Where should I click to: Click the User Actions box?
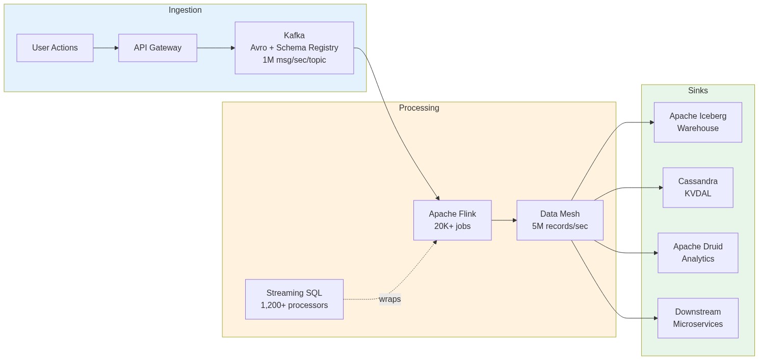[x=55, y=48]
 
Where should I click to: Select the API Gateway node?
[x=158, y=48]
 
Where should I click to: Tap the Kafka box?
[x=294, y=48]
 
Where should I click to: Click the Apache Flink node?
[x=452, y=220]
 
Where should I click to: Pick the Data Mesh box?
[x=560, y=220]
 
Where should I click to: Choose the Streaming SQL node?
[x=294, y=299]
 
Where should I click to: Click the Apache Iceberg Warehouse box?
[x=698, y=122]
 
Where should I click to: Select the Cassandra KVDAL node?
[x=698, y=188]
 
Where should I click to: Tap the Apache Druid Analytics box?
[x=698, y=253]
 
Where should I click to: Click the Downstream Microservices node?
[x=698, y=318]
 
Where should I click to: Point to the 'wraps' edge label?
[x=390, y=299]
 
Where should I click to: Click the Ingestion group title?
[x=185, y=10]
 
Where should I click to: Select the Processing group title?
[x=419, y=108]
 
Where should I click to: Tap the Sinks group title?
[x=698, y=91]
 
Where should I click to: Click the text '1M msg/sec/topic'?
[x=294, y=60]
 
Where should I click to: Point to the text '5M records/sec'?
[x=560, y=226]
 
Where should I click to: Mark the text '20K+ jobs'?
[x=452, y=226]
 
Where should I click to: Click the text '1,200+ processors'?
[x=294, y=305]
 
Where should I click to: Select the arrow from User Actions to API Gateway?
[x=106, y=48]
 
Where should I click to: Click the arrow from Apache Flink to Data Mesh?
[x=504, y=220]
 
